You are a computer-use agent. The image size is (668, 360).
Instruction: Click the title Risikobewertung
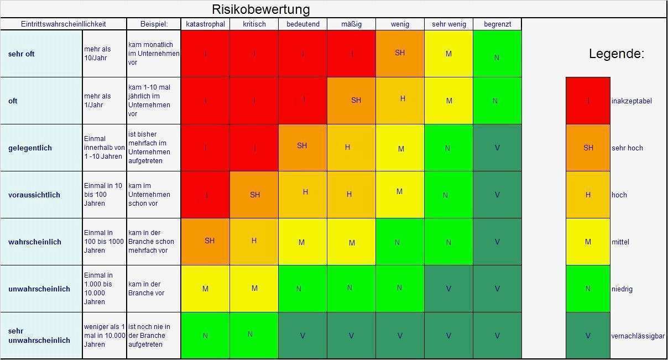[x=260, y=9]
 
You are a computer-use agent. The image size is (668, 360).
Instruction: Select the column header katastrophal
[x=205, y=24]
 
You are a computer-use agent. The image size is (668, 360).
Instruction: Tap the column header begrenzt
[x=497, y=24]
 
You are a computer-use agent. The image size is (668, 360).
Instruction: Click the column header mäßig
[x=351, y=24]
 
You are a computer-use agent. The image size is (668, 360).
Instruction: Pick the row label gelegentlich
[x=30, y=148]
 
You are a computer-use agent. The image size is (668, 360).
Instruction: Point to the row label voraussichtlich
[x=34, y=195]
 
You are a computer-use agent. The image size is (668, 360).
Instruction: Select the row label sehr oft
[x=22, y=54]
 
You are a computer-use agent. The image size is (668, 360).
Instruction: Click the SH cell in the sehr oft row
[x=400, y=53]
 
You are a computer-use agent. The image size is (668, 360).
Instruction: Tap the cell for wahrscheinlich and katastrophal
[x=206, y=242]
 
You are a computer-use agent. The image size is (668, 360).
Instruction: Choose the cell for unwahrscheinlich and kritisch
[x=254, y=289]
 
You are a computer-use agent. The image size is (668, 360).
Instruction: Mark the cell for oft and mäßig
[x=352, y=101]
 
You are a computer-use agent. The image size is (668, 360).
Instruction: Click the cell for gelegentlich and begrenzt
[x=497, y=148]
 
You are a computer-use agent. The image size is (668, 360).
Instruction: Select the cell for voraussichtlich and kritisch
[x=254, y=195]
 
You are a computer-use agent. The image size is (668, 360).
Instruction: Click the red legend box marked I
[x=588, y=101]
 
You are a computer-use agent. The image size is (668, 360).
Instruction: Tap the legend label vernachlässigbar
[x=638, y=336]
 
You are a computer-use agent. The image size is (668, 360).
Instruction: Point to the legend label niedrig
[x=622, y=289]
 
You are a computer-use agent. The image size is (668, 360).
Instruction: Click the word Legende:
[x=616, y=54]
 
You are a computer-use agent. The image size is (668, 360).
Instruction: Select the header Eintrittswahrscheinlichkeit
[x=64, y=24]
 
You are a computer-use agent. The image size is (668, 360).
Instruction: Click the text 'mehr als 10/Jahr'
[x=97, y=53]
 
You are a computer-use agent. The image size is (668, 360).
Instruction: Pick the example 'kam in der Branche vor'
[x=147, y=289]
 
